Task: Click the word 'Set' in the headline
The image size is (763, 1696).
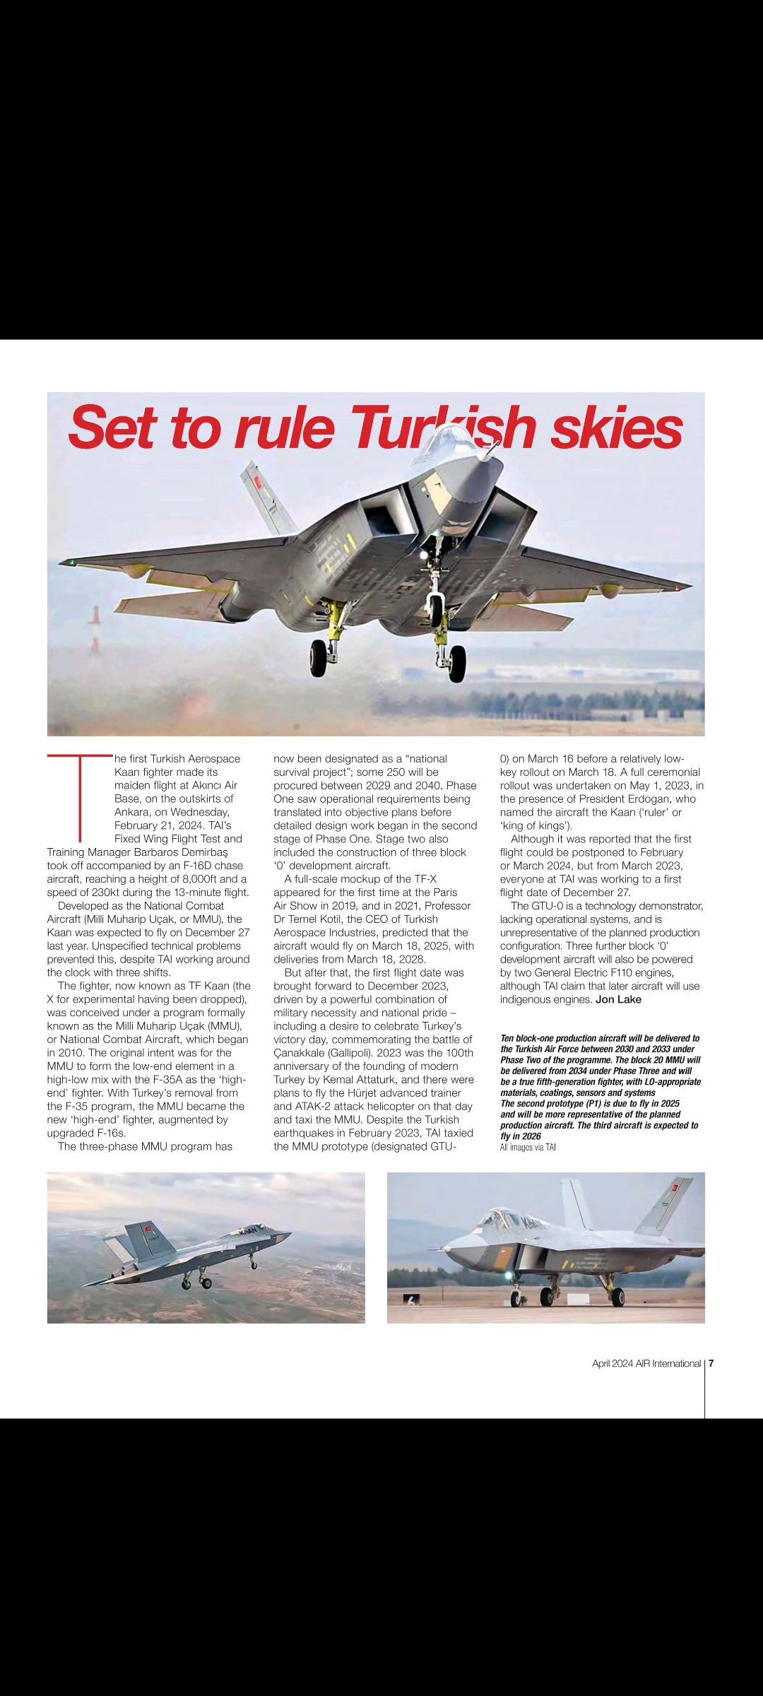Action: coord(112,428)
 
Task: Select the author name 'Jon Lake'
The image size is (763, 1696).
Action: coord(618,999)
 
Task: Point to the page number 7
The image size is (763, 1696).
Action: coord(711,1363)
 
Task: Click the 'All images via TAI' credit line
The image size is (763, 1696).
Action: coord(528,1147)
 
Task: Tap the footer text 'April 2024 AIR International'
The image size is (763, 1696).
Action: coord(646,1363)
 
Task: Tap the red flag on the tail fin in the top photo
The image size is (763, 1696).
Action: coord(257,483)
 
